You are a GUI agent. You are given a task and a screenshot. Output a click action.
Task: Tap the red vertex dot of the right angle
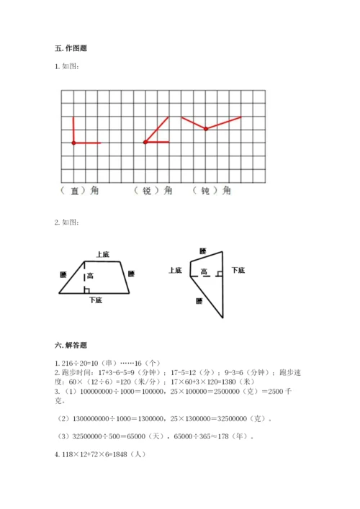click(73, 143)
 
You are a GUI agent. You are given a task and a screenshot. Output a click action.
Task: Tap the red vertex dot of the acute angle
click(145, 143)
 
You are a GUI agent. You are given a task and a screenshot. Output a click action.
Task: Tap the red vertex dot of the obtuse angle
click(206, 129)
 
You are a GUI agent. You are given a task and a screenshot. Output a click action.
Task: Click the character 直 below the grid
click(75, 191)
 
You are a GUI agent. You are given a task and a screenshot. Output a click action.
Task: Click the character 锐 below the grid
click(147, 191)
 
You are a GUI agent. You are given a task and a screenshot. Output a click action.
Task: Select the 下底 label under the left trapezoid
click(94, 299)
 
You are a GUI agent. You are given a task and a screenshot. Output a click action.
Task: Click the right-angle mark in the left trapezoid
click(86, 289)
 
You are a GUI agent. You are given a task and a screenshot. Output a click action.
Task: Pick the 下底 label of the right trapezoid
click(238, 271)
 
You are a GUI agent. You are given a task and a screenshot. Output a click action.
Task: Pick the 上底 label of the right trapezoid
click(175, 271)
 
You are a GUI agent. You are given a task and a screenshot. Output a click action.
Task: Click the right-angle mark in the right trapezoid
click(194, 273)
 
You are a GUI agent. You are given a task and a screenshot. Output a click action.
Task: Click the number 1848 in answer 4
click(122, 455)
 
